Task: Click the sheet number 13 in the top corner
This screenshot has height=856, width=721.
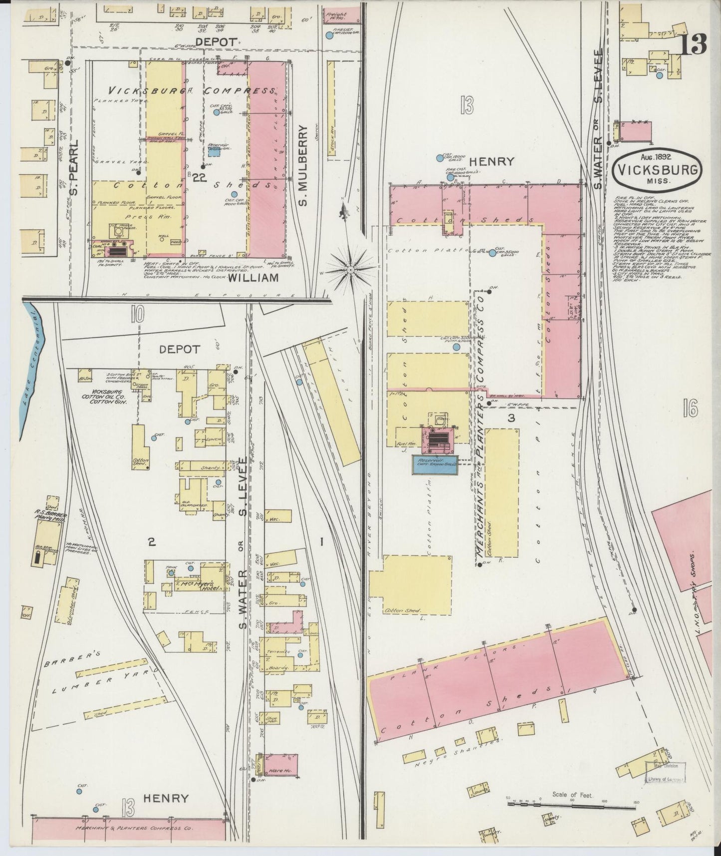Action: tap(693, 45)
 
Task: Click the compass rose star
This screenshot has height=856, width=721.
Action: tap(351, 270)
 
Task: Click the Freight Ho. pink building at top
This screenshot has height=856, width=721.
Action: tap(342, 14)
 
